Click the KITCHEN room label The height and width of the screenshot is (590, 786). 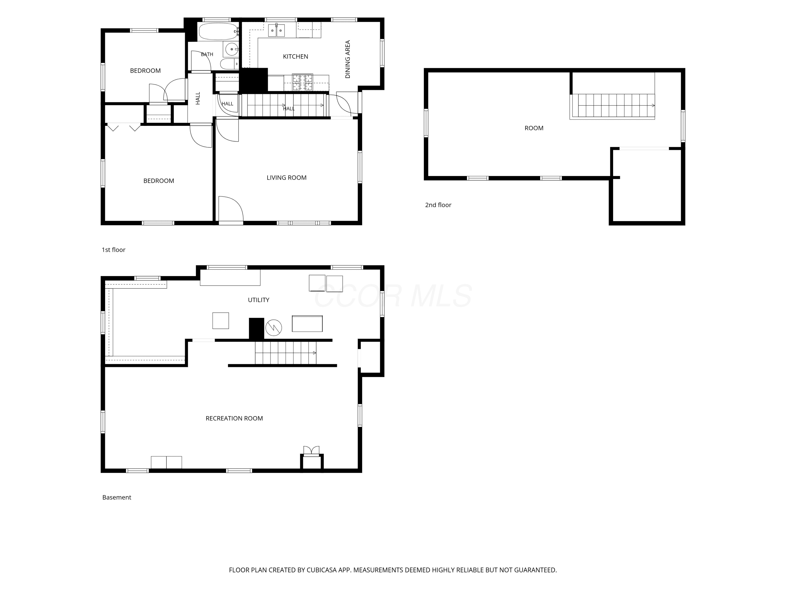pos(295,57)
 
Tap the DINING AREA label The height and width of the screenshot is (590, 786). pos(347,59)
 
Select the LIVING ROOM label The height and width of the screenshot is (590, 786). pos(286,178)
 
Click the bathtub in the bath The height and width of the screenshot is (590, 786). pos(218,32)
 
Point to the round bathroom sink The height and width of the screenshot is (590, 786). pos(232,49)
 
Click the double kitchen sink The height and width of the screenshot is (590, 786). pos(276,31)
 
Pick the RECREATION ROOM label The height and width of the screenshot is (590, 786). pos(234,419)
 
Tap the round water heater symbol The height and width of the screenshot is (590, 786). pos(274,328)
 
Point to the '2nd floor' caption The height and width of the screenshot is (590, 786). pos(438,205)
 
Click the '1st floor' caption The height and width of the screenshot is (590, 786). pos(113,250)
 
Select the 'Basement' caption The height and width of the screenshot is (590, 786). pos(117,497)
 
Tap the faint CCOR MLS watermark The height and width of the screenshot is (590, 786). pos(393,296)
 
